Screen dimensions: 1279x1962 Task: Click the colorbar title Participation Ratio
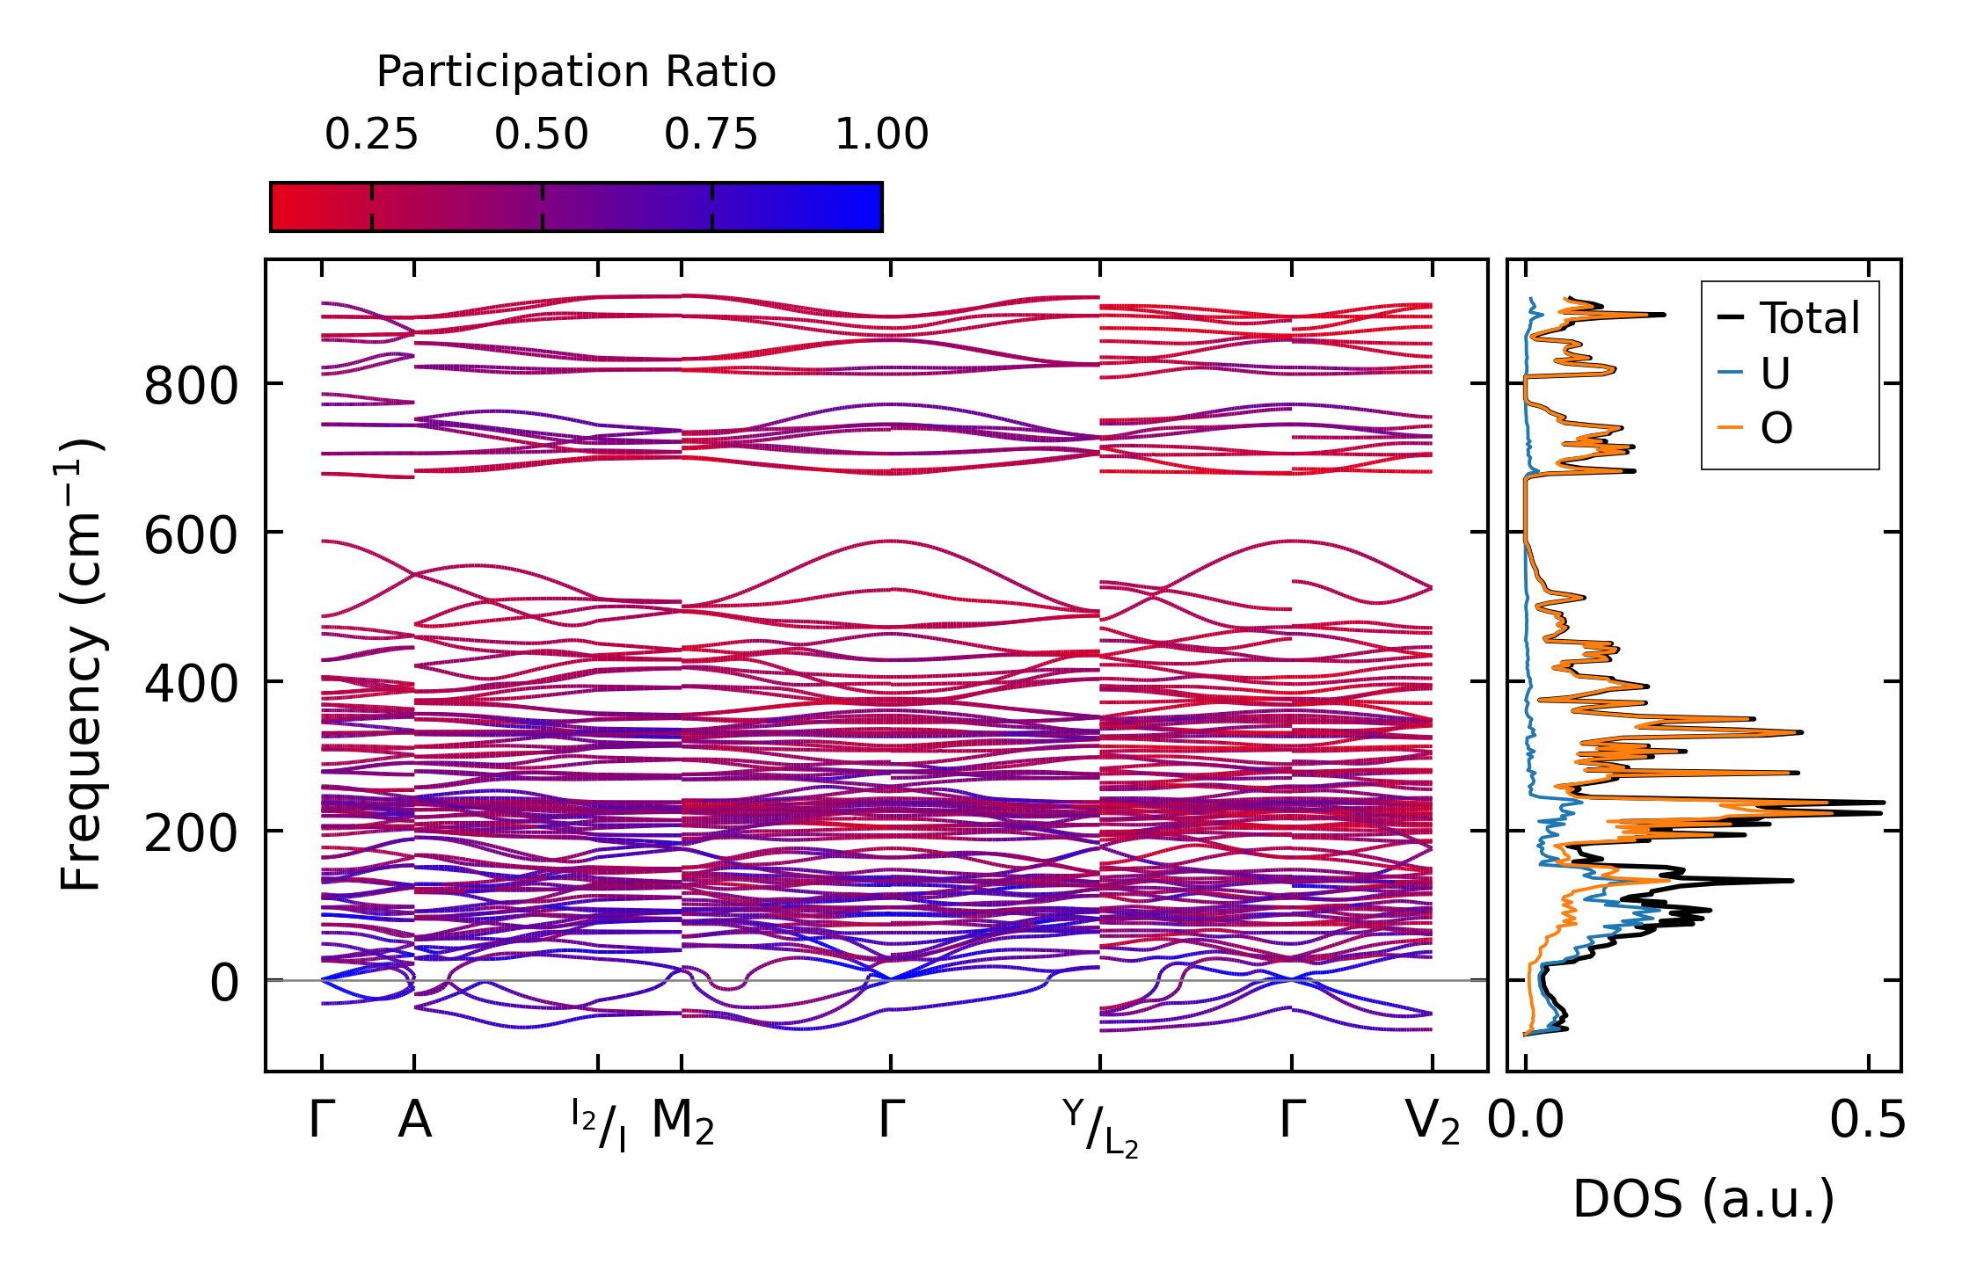click(x=576, y=72)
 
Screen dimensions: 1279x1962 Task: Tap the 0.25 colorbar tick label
click(x=371, y=134)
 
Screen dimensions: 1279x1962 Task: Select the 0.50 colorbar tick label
click(x=541, y=134)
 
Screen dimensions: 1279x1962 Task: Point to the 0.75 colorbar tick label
click(x=711, y=134)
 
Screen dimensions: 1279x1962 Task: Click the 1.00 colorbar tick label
click(x=881, y=134)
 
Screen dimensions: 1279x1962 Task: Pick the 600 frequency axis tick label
click(x=191, y=534)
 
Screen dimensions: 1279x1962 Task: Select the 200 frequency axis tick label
click(x=191, y=832)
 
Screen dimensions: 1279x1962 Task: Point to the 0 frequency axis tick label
click(x=223, y=982)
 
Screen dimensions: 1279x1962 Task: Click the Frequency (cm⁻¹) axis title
click(x=81, y=665)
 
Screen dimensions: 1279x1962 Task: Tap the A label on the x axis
click(x=414, y=1121)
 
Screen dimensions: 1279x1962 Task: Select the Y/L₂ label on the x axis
click(x=1100, y=1128)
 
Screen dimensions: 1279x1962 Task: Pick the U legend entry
click(x=1775, y=374)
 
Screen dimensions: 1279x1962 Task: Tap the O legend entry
click(x=1776, y=428)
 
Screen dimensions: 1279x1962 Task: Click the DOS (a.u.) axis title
click(x=1703, y=1199)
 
